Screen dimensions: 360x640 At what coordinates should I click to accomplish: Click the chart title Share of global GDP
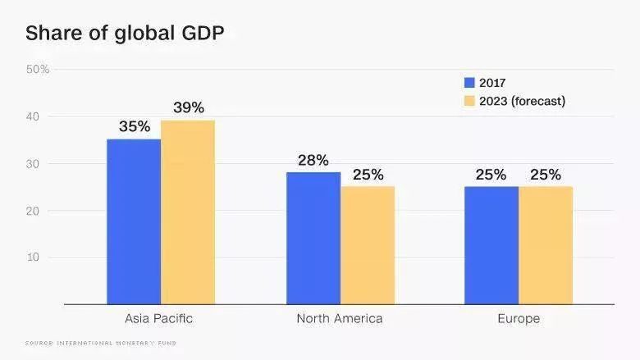point(125,33)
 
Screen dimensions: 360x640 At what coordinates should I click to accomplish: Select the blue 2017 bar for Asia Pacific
point(134,221)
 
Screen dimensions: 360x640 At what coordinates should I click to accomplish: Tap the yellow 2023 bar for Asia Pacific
point(188,212)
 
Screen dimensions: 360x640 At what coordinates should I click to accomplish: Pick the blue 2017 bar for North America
point(313,238)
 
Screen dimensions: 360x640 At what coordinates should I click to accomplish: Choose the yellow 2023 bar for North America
point(368,245)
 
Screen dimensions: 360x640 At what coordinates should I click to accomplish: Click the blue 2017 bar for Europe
point(491,245)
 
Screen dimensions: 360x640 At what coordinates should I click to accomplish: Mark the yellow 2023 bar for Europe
point(546,245)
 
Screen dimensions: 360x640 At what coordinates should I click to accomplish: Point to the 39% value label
point(188,107)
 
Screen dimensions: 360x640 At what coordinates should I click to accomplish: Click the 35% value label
point(134,126)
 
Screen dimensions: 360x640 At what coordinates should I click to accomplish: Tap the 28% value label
point(313,160)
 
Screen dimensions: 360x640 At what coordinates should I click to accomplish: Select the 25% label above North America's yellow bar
point(368,175)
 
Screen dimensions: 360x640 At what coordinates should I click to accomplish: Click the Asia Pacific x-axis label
point(159,318)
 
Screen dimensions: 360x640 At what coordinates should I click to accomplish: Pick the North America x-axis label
point(340,318)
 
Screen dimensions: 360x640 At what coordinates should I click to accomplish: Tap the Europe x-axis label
point(519,318)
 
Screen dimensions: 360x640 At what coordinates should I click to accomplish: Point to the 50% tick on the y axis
point(38,70)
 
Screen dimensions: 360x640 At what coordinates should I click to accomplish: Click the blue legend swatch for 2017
point(469,83)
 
